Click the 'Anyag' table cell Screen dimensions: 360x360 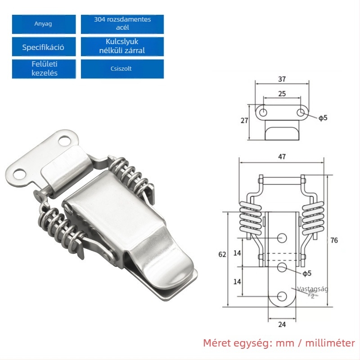pyautogui.click(x=44, y=24)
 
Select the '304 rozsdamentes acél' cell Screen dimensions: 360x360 pyautogui.click(x=122, y=24)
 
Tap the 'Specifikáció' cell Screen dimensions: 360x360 pyautogui.click(x=44, y=47)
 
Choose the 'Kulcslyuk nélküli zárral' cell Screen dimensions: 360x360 pyautogui.click(x=122, y=47)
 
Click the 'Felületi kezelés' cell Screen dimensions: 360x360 pyautogui.click(x=44, y=69)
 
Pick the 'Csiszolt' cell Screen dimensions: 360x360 pyautogui.click(x=122, y=69)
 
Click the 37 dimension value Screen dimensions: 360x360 pyautogui.click(x=282, y=79)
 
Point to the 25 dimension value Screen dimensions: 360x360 pyautogui.click(x=282, y=94)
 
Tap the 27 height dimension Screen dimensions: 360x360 pyautogui.click(x=244, y=121)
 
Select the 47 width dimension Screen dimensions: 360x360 pyautogui.click(x=282, y=157)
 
